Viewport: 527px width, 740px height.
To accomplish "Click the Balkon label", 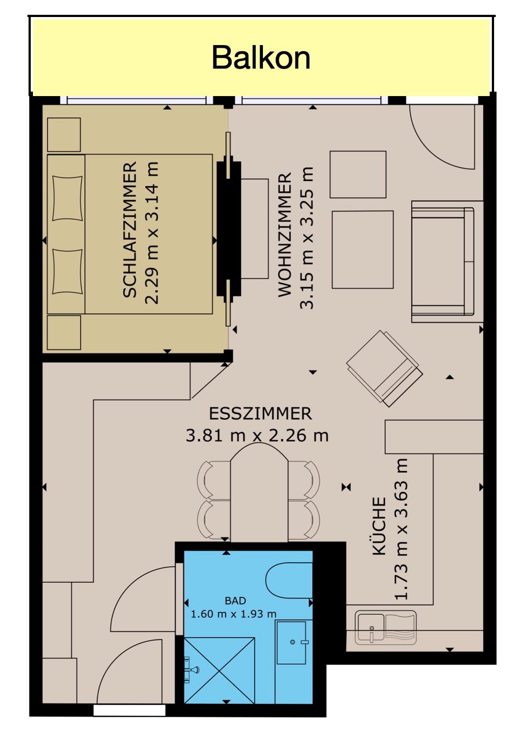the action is pyautogui.click(x=261, y=58).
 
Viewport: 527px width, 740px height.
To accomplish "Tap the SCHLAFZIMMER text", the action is pyautogui.click(x=130, y=229).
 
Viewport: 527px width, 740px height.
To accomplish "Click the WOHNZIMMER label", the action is pyautogui.click(x=285, y=234).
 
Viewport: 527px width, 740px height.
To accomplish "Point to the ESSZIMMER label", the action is pyautogui.click(x=260, y=413).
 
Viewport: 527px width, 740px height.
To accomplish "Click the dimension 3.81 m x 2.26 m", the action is pyautogui.click(x=257, y=435).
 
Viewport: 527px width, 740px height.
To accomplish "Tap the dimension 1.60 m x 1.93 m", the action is pyautogui.click(x=234, y=614).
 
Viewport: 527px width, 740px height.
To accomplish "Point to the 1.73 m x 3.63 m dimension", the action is pyautogui.click(x=401, y=529).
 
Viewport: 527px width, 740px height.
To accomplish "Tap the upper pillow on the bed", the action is pyautogui.click(x=67, y=198).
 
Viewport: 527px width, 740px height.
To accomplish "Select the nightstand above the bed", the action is pyautogui.click(x=64, y=135).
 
